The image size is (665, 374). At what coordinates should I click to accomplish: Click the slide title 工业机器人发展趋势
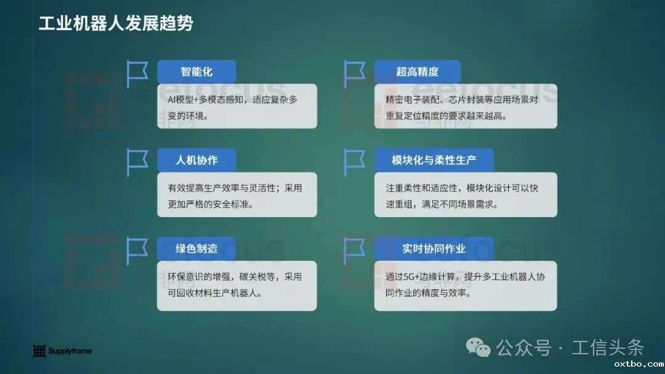pos(116,23)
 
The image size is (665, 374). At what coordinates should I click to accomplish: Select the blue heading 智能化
pos(196,71)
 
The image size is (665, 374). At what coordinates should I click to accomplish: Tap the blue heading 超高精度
pos(417,71)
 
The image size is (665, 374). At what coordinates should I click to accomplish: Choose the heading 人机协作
pos(196,160)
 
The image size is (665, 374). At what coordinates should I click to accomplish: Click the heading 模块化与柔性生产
pos(433,160)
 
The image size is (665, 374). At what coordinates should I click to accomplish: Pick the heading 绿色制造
pos(196,249)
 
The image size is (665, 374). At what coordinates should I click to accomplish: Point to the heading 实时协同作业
pos(433,249)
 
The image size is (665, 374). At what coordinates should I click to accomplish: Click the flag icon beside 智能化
pos(136,74)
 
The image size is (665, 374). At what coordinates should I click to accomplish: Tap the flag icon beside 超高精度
pos(353,74)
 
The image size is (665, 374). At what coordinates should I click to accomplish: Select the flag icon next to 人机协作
pos(136,162)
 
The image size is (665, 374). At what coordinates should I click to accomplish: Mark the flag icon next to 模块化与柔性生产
pos(353,162)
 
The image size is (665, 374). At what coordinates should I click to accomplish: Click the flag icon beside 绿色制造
pos(136,251)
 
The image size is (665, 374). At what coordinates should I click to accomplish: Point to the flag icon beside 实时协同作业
pos(353,251)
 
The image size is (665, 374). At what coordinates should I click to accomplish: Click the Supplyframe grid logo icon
pos(39,351)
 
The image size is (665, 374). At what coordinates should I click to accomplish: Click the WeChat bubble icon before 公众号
pos(478,348)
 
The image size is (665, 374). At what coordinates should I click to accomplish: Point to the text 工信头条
pos(607,348)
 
